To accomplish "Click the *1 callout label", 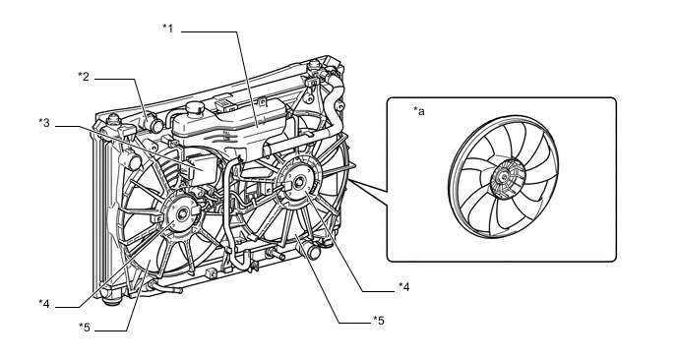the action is click(167, 29).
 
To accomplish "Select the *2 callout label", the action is click(84, 77).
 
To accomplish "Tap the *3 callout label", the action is click(44, 123).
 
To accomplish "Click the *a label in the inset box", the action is click(419, 111).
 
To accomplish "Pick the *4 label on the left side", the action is click(44, 304).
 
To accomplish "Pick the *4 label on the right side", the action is click(403, 286).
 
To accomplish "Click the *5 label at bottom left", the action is click(85, 328).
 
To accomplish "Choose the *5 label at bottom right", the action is click(378, 321).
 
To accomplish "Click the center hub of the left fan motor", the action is click(182, 212).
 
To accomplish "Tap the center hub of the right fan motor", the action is click(297, 182).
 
